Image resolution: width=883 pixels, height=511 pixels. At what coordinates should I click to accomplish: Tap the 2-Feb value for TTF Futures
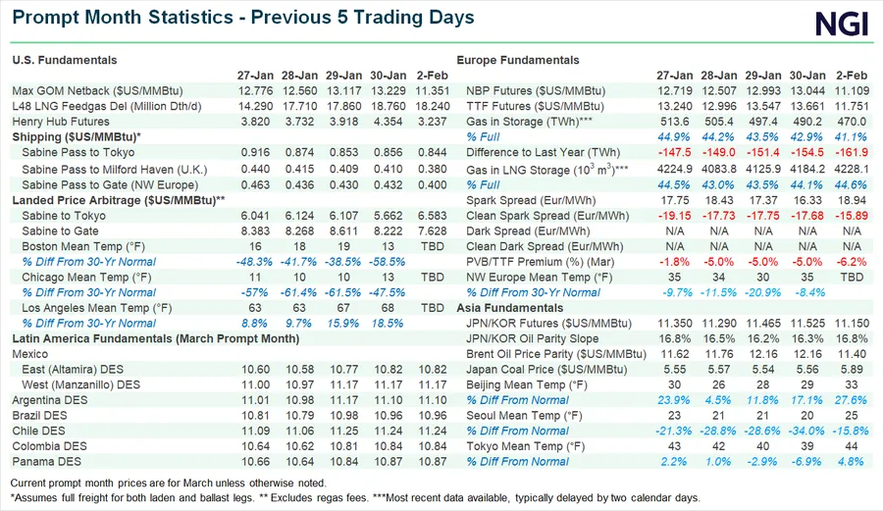point(851,106)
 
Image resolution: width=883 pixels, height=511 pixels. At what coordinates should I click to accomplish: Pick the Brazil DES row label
point(41,415)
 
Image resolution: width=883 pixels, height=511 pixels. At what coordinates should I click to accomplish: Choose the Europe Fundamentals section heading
point(518,61)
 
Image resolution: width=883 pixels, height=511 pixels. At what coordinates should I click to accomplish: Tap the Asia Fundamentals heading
point(509,308)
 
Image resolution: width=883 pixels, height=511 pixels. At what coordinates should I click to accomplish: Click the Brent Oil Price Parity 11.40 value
point(851,354)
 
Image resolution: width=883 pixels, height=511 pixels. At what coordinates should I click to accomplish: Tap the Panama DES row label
point(45,461)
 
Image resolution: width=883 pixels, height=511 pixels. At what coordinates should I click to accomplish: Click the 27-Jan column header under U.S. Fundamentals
point(255,76)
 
